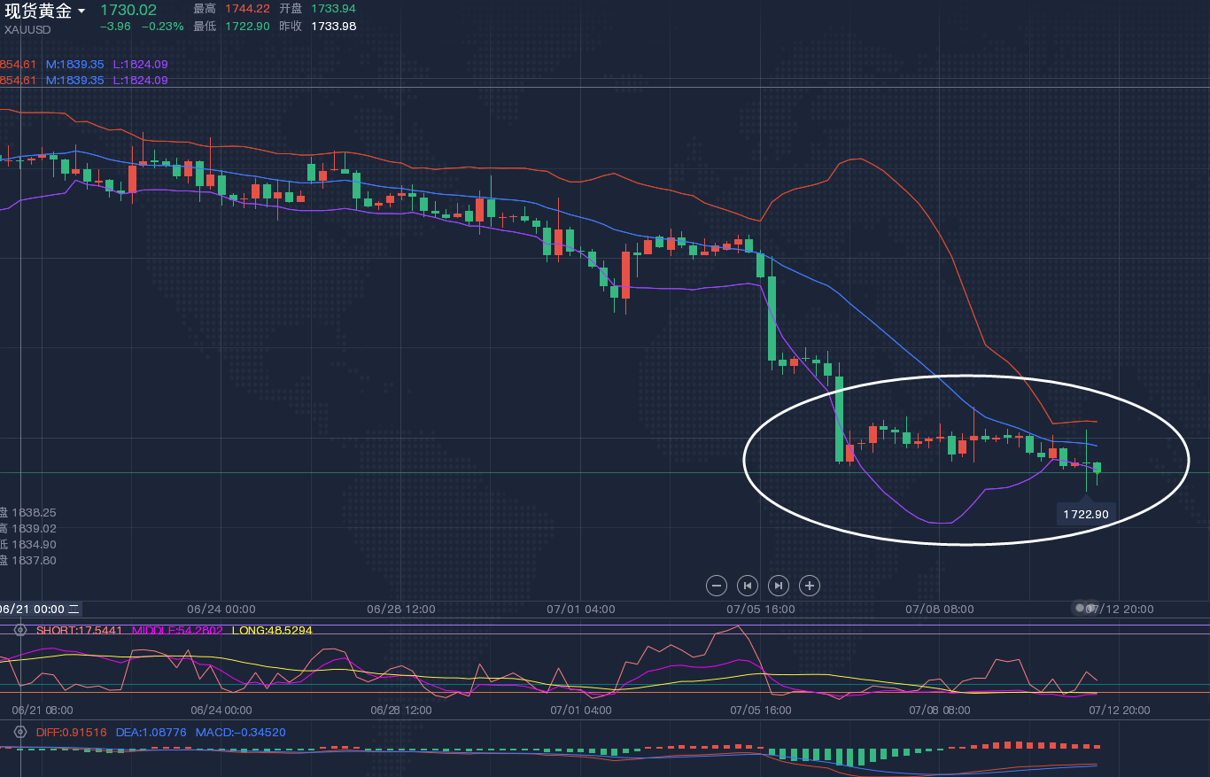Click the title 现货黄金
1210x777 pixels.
pyautogui.click(x=37, y=11)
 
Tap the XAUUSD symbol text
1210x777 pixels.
pyautogui.click(x=27, y=29)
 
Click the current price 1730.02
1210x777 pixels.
pyautogui.click(x=128, y=11)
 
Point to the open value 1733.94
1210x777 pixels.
pyautogui.click(x=333, y=8)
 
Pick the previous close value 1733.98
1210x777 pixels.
pyautogui.click(x=333, y=26)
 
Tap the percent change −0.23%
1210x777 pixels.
pyautogui.click(x=163, y=27)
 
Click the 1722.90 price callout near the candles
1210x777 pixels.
pyautogui.click(x=1086, y=514)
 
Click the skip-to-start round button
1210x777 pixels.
pyautogui.click(x=748, y=585)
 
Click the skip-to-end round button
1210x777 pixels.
pyautogui.click(x=779, y=585)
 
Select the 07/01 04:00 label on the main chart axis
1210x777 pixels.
pyautogui.click(x=581, y=609)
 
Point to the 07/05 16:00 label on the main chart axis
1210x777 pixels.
pyautogui.click(x=760, y=609)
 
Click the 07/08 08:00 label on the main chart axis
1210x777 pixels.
pyautogui.click(x=940, y=609)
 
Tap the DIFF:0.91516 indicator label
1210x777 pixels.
pyautogui.click(x=72, y=733)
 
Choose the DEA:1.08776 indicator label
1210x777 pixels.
pyautogui.click(x=151, y=733)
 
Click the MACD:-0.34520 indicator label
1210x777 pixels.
pyautogui.click(x=242, y=733)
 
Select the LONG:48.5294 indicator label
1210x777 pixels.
pyautogui.click(x=271, y=630)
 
